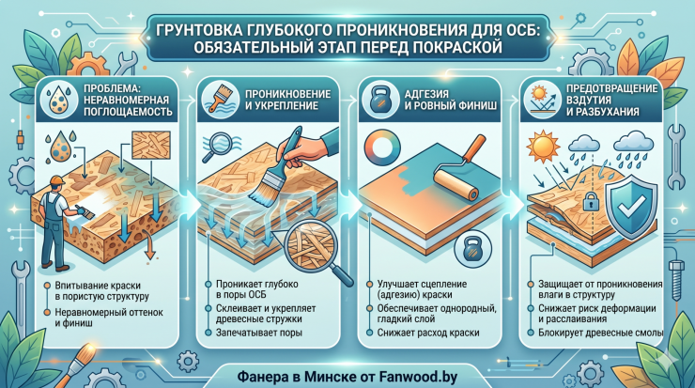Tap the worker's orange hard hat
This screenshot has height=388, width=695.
coord(57,180)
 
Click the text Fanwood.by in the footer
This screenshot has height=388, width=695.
coord(418,377)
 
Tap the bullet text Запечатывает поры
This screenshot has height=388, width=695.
coord(259,333)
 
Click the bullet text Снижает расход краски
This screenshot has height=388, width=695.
coord(428,333)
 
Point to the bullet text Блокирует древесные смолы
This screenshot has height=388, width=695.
coord(600,333)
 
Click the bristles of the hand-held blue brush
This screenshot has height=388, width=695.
coord(265,190)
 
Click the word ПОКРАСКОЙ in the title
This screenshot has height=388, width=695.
coord(457,48)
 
